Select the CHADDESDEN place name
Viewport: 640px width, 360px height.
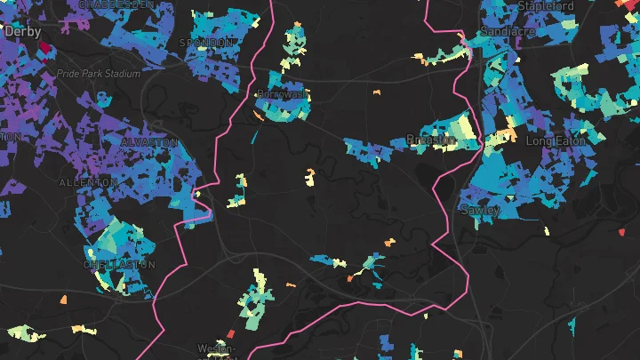click(115, 3)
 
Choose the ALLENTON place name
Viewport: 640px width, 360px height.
click(87, 182)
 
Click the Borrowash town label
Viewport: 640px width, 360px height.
click(281, 93)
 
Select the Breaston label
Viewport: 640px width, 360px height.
click(430, 140)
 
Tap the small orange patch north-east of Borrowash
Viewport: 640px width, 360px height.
click(376, 91)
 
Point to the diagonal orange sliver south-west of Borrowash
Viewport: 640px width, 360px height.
click(258, 115)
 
